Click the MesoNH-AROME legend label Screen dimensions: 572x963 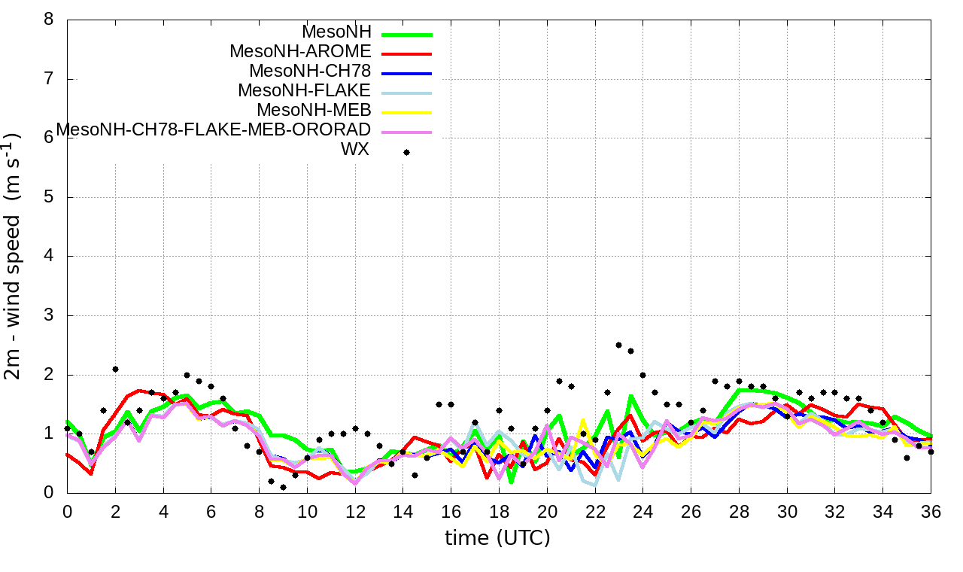(300, 52)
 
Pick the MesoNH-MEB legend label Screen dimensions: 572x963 (314, 111)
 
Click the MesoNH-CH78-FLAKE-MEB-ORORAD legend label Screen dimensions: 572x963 (214, 129)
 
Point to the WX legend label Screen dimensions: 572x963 (355, 149)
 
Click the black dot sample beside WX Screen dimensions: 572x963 (406, 152)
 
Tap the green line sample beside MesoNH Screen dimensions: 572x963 (406, 35)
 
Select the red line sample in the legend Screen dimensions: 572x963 (406, 54)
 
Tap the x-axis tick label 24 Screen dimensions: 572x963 (643, 512)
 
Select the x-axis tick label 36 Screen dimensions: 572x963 (931, 512)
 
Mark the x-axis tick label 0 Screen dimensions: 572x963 (67, 512)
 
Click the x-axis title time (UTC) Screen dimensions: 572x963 (497, 538)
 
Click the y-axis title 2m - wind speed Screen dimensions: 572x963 (14, 256)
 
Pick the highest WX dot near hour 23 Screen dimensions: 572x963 (618, 345)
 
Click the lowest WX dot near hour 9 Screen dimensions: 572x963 (283, 487)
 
